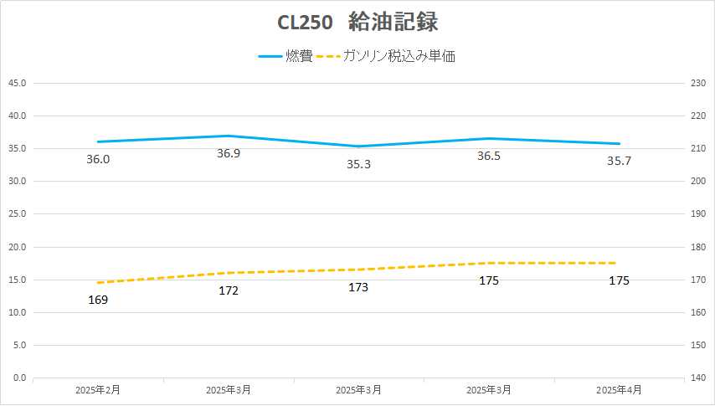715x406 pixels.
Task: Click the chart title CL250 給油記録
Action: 357,22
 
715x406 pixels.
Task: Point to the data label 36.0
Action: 98,159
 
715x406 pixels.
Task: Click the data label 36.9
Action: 229,153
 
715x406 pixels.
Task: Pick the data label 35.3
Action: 358,164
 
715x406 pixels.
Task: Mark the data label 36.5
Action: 489,156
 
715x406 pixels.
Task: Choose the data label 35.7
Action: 619,161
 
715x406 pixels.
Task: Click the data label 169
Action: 98,299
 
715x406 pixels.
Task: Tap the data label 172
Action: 229,290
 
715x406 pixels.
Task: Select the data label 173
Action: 358,287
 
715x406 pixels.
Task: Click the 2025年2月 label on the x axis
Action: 98,390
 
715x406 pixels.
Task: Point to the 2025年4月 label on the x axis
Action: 619,390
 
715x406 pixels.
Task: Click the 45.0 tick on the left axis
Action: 17,83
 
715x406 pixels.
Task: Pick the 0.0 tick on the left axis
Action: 19,378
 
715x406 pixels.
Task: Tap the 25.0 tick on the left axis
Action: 17,214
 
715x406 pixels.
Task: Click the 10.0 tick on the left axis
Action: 17,312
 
